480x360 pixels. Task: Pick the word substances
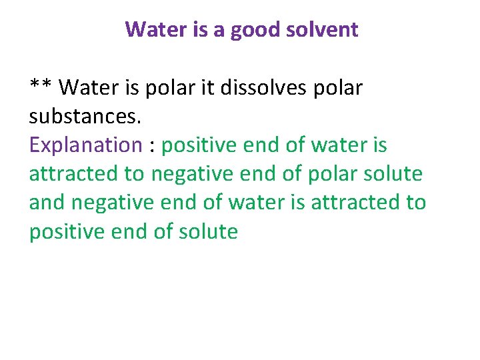coord(85,117)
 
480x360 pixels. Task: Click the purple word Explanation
coord(85,145)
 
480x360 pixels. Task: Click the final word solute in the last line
coord(209,231)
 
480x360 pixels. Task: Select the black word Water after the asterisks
coord(96,87)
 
